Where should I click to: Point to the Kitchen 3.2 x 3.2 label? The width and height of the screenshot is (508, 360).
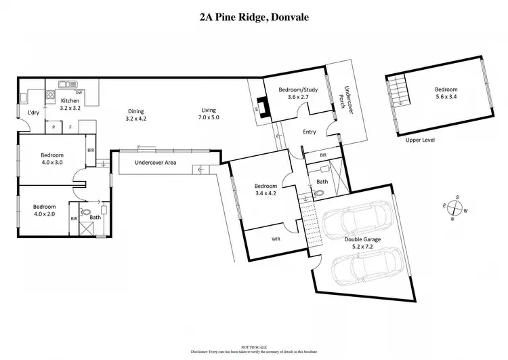tap(70, 104)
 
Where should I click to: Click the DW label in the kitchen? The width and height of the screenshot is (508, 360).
tap(79, 92)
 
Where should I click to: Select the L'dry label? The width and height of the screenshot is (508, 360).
tap(32, 113)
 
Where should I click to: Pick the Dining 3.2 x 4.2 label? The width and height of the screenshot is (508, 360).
tap(136, 115)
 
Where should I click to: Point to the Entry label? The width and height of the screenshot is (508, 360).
tap(310, 132)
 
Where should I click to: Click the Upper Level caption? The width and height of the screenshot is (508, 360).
tap(420, 140)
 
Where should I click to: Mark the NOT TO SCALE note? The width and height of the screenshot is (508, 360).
tap(254, 346)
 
